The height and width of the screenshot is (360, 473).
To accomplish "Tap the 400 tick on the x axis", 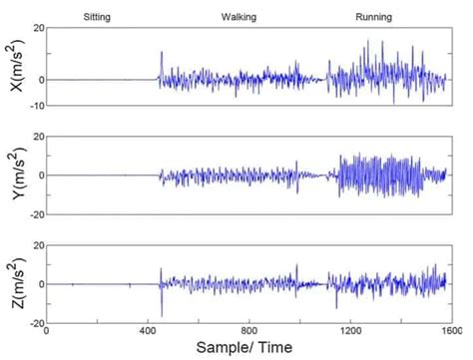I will pos(149,330).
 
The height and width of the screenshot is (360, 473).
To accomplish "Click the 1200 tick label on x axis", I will pos(349,330).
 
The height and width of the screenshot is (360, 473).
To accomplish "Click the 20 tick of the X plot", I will pos(37,28).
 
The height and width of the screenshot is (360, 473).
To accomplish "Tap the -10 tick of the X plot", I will pos(35,106).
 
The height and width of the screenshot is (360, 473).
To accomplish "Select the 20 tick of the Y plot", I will pos(37,136).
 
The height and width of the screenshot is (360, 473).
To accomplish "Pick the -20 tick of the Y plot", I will pos(35,213).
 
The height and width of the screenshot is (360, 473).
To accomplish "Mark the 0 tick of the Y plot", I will pos(40,175).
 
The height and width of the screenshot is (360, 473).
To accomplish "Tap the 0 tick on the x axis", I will pos(48,330).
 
